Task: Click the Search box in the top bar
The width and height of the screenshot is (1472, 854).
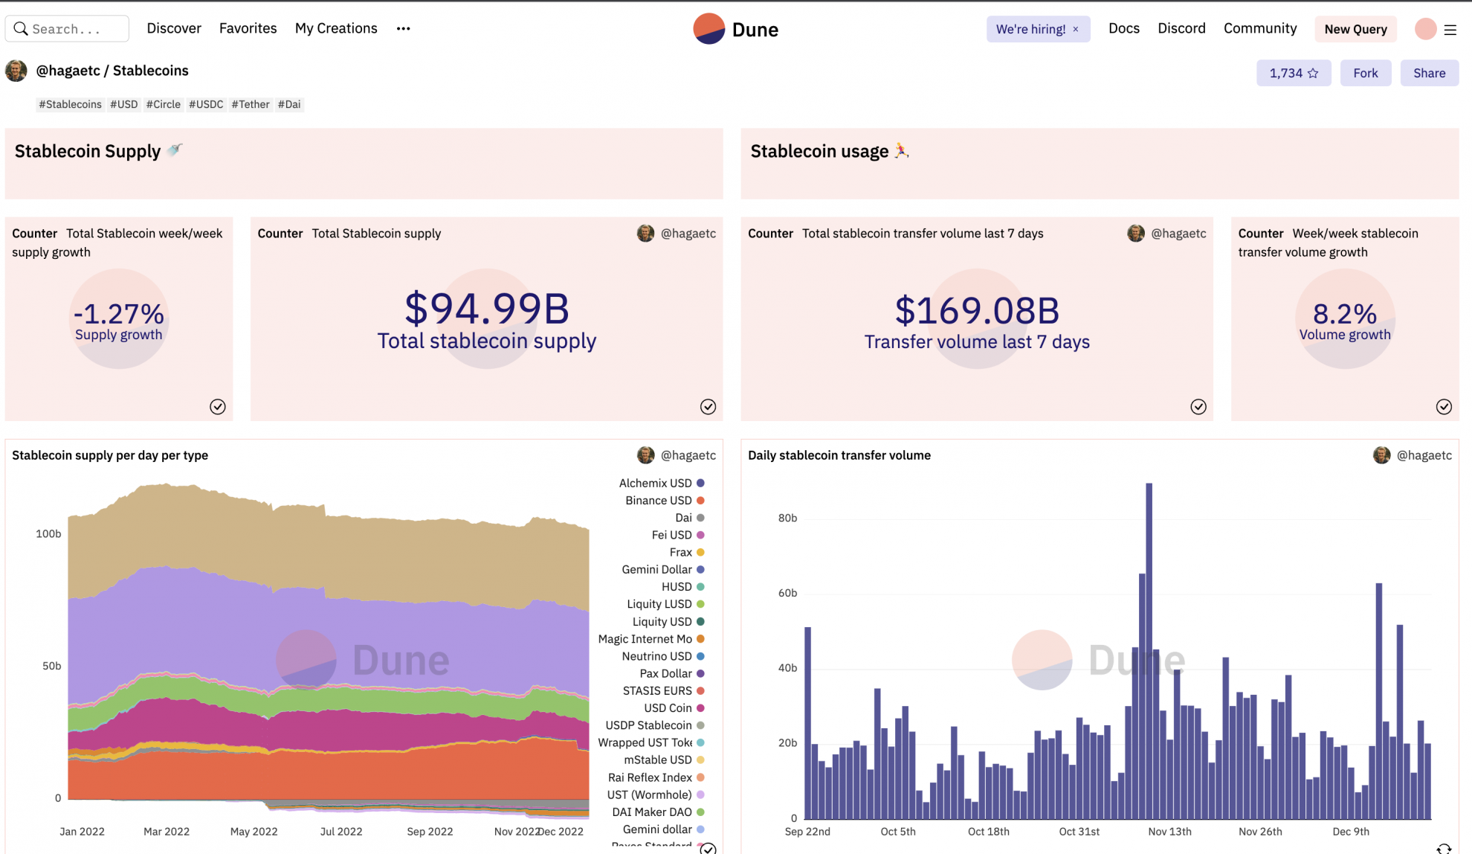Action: [x=67, y=29]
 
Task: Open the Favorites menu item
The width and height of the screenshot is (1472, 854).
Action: [x=248, y=28]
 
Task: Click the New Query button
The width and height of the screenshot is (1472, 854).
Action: [x=1355, y=29]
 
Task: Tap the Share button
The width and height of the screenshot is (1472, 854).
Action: [x=1429, y=73]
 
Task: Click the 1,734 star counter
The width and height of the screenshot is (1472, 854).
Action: [x=1293, y=73]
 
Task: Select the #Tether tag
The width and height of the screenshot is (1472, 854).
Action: [x=250, y=104]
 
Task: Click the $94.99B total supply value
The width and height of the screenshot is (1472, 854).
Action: [x=487, y=309]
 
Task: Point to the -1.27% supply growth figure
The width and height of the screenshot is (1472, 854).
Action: [x=119, y=314]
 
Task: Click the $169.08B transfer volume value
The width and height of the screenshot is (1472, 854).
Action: [x=977, y=311]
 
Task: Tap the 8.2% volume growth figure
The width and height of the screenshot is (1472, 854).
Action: [x=1344, y=314]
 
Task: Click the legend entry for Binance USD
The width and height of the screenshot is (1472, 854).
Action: [x=659, y=501]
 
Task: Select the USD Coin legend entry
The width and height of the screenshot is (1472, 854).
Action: [x=668, y=708]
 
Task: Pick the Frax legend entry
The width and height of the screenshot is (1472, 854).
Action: [x=681, y=552]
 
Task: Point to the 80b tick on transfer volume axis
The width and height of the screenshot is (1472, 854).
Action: [x=787, y=518]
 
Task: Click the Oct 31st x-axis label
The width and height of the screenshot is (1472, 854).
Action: [x=1079, y=832]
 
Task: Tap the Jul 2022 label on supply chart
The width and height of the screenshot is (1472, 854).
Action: [x=341, y=832]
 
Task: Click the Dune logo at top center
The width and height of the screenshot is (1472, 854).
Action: [x=736, y=29]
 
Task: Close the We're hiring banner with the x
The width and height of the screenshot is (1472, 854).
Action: [x=1076, y=29]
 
